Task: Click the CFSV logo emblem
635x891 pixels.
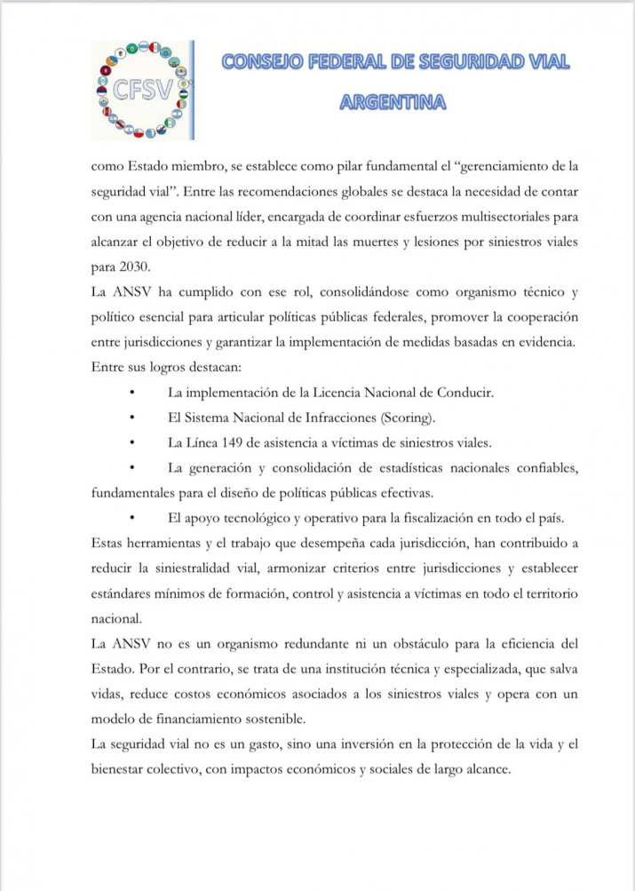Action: click(x=142, y=90)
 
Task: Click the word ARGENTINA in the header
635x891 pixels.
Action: click(x=393, y=103)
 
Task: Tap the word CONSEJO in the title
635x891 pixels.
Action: click(x=259, y=62)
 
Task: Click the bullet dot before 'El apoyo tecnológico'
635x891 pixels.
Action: click(x=131, y=518)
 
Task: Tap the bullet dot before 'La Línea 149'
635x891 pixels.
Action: click(x=131, y=442)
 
